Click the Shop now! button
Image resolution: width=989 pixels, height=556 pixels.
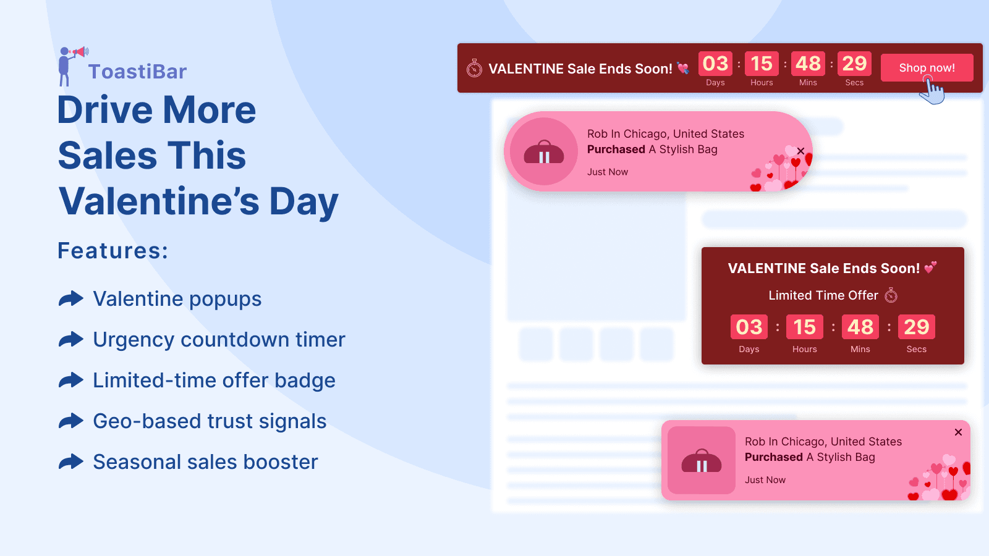click(x=927, y=67)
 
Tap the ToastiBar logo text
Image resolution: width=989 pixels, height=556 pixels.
click(x=137, y=72)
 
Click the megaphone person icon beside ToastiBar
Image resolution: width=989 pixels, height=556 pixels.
click(x=68, y=65)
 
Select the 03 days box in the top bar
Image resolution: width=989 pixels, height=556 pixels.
click(x=715, y=64)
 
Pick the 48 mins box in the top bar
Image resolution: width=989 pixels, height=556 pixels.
click(x=808, y=64)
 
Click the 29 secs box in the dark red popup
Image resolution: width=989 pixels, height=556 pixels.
click(x=916, y=327)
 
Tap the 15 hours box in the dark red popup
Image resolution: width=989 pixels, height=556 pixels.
click(x=804, y=327)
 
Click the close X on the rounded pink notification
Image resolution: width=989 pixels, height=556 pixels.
click(x=800, y=151)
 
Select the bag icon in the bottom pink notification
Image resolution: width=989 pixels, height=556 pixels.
click(x=702, y=461)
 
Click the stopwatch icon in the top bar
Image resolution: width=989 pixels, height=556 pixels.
click(x=474, y=68)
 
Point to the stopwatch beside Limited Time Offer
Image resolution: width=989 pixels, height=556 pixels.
click(x=891, y=295)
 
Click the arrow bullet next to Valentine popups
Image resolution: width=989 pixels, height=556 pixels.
click(x=71, y=299)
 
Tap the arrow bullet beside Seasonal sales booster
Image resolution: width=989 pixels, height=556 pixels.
click(x=71, y=462)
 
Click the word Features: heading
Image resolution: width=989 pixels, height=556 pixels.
click(x=112, y=251)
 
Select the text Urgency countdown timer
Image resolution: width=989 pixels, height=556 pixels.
click(x=219, y=340)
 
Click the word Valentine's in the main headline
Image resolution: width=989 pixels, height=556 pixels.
click(x=159, y=201)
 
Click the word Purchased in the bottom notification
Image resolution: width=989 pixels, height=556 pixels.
click(x=773, y=457)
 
